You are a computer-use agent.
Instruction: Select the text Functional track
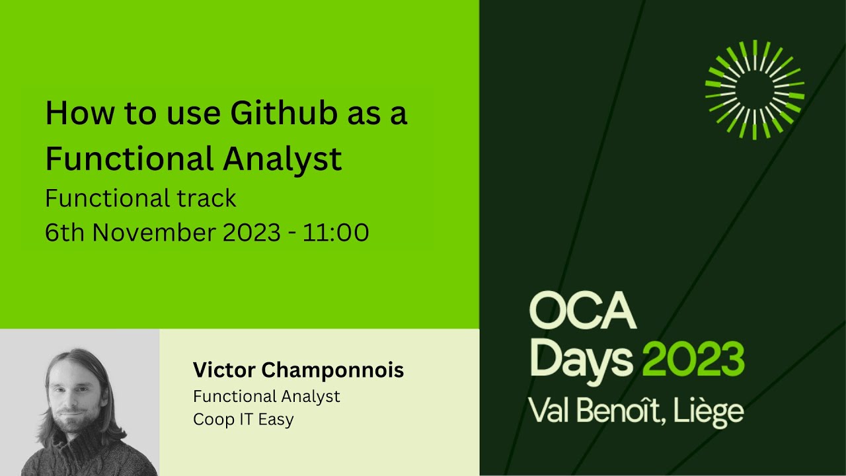(x=140, y=198)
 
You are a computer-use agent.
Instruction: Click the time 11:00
(x=336, y=233)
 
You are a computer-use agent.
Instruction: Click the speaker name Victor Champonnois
(x=298, y=370)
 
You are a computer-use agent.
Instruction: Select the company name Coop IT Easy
(x=243, y=419)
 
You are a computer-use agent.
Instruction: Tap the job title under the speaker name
(x=266, y=396)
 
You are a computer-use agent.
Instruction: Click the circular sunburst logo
(x=754, y=89)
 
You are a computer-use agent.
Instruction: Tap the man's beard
(x=78, y=425)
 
